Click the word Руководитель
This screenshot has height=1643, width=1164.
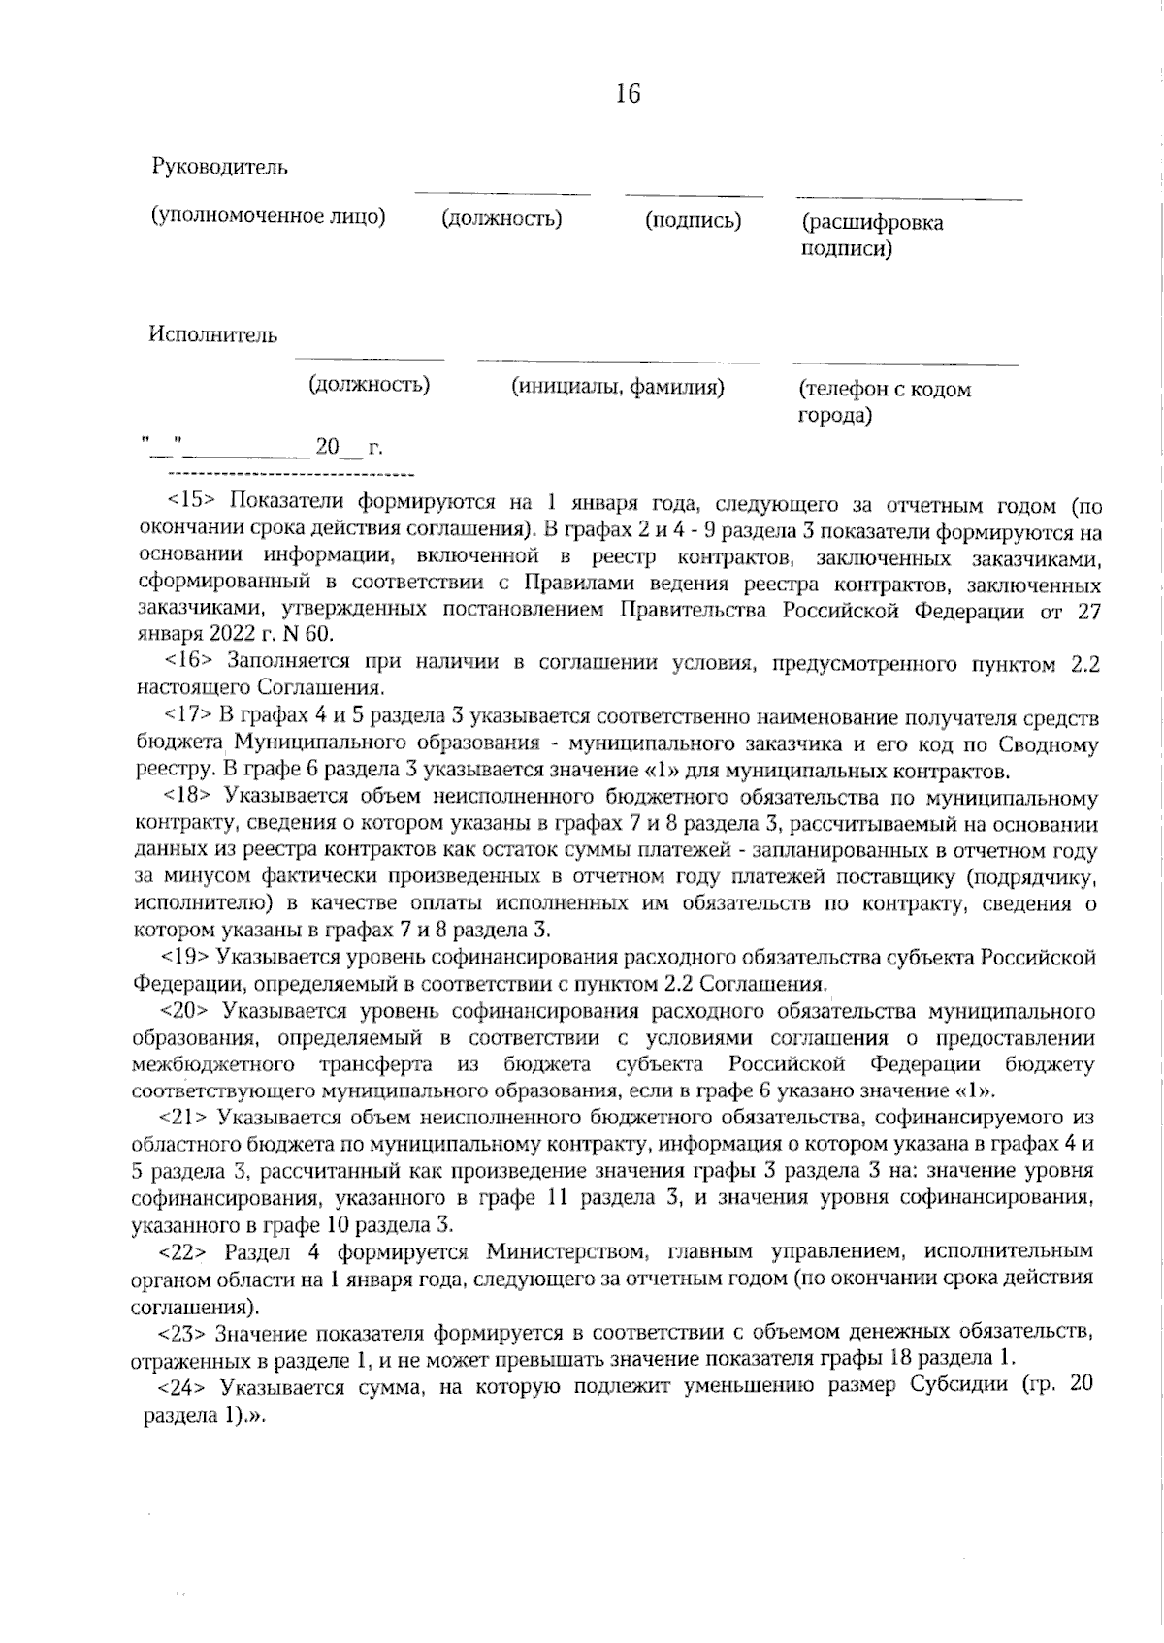220,167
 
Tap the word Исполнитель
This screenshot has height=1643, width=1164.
213,335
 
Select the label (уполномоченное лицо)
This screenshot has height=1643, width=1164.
269,216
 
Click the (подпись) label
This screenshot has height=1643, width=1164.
694,221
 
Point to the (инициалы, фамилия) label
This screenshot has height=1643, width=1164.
618,388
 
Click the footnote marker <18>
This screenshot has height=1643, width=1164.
190,798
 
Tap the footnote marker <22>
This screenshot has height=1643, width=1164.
184,1250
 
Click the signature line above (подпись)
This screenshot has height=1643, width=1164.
694,197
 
